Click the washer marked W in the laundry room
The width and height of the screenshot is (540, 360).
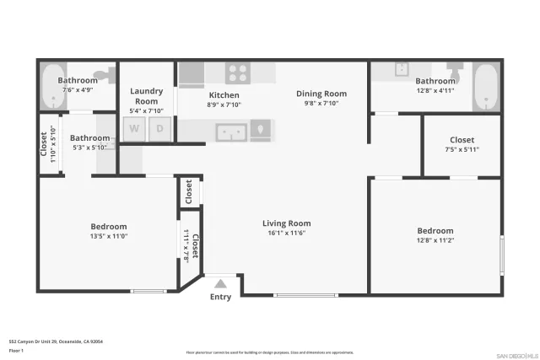click(x=133, y=129)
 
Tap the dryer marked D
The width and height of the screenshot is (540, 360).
click(x=160, y=129)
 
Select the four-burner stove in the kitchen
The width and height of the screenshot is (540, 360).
click(x=238, y=73)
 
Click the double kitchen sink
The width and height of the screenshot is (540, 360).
click(x=230, y=132)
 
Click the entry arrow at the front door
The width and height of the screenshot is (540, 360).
click(x=220, y=284)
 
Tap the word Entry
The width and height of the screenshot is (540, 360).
click(x=220, y=297)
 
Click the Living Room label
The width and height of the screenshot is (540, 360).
click(x=287, y=223)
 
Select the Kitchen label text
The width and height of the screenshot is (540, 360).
click(x=224, y=95)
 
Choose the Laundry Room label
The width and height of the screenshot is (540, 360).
click(x=147, y=95)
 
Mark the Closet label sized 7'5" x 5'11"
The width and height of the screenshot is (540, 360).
click(x=462, y=140)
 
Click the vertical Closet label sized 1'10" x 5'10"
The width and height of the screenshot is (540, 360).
click(x=45, y=144)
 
